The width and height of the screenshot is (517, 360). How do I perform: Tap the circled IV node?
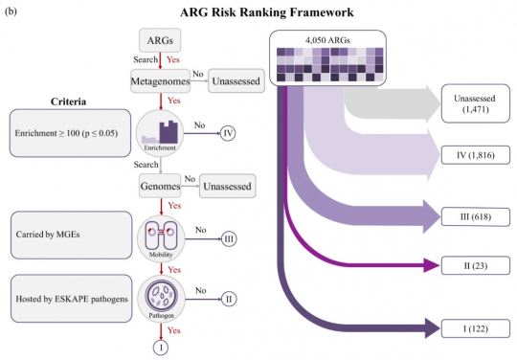[x=229, y=133]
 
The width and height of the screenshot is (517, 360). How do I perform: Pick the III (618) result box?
[x=473, y=216]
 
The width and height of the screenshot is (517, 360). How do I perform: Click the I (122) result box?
[x=473, y=328]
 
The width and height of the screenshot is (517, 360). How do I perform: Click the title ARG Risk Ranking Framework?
[x=259, y=12]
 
